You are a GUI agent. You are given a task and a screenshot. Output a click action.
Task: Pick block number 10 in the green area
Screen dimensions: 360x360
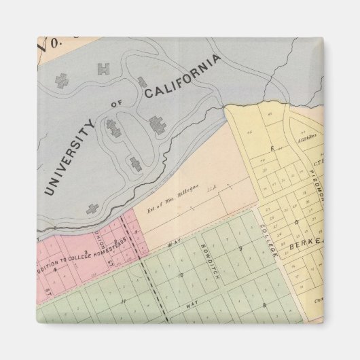[x=180, y=276]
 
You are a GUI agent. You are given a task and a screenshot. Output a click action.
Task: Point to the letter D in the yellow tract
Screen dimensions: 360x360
[x=296, y=221]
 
